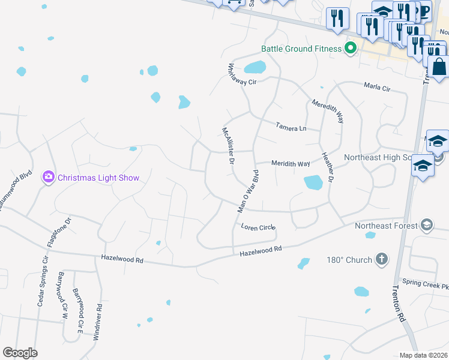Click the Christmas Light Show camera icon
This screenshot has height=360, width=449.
click(x=48, y=177)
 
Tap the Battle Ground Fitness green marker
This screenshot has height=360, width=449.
click(x=352, y=49)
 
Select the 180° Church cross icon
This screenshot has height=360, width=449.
click(x=381, y=259)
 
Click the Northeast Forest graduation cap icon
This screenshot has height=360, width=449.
click(x=427, y=226)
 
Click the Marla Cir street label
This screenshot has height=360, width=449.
click(x=377, y=88)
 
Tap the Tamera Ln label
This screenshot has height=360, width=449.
click(x=291, y=127)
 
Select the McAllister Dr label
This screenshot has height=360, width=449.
click(x=228, y=146)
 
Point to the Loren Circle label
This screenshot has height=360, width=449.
click(x=258, y=227)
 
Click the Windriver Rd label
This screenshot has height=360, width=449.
click(x=97, y=322)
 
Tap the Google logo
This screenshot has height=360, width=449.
click(x=20, y=353)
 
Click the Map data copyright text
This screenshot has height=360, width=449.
click(x=423, y=355)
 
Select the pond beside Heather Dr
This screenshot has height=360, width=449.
click(x=313, y=182)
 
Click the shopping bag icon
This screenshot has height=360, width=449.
click(x=439, y=68)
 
